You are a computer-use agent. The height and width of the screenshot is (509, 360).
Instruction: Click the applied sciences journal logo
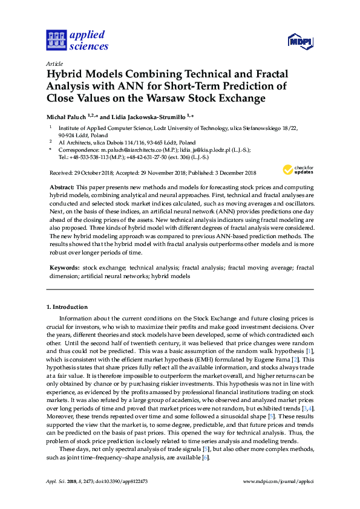pyautogui.click(x=77, y=40)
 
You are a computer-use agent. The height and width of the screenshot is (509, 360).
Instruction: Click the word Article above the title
pyautogui.click(x=54, y=63)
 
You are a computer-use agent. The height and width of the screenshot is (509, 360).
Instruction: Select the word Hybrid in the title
pyautogui.click(x=65, y=74)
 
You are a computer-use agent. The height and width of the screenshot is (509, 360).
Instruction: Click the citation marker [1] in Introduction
pyautogui.click(x=309, y=351)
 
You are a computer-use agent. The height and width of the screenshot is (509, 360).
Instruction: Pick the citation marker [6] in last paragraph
pyautogui.click(x=205, y=458)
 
